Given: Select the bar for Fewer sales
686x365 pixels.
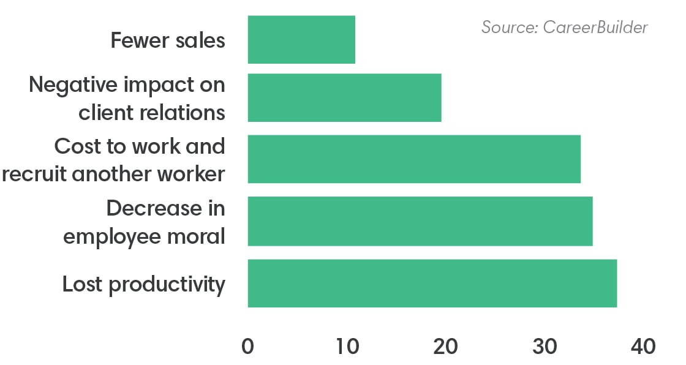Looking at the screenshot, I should (x=301, y=40).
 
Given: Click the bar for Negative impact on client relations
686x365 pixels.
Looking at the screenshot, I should (x=344, y=98).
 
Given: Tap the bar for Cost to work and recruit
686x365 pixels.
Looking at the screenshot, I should (x=414, y=159).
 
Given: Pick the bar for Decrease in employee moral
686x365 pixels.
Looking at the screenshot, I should (x=420, y=221).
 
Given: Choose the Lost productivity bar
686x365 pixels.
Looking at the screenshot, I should (x=432, y=283).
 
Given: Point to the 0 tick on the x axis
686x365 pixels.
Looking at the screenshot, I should (x=247, y=346).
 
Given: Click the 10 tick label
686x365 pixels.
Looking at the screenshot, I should (x=347, y=346).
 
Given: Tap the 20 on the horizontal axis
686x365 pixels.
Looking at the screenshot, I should (x=445, y=346).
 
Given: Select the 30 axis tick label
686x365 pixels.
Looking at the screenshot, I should (x=545, y=346).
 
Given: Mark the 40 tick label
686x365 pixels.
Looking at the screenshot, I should (x=643, y=346).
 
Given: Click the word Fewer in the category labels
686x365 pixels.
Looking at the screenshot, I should (x=139, y=41).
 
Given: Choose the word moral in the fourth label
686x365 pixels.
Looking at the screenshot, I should (x=199, y=236).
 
